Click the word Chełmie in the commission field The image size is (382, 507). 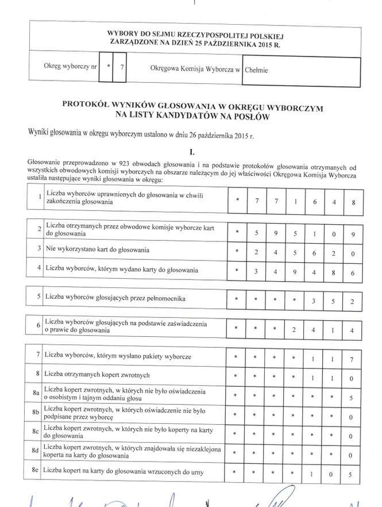click(x=256, y=71)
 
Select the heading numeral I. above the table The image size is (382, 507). click(x=192, y=152)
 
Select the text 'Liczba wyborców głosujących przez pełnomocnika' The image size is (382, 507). click(x=115, y=298)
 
